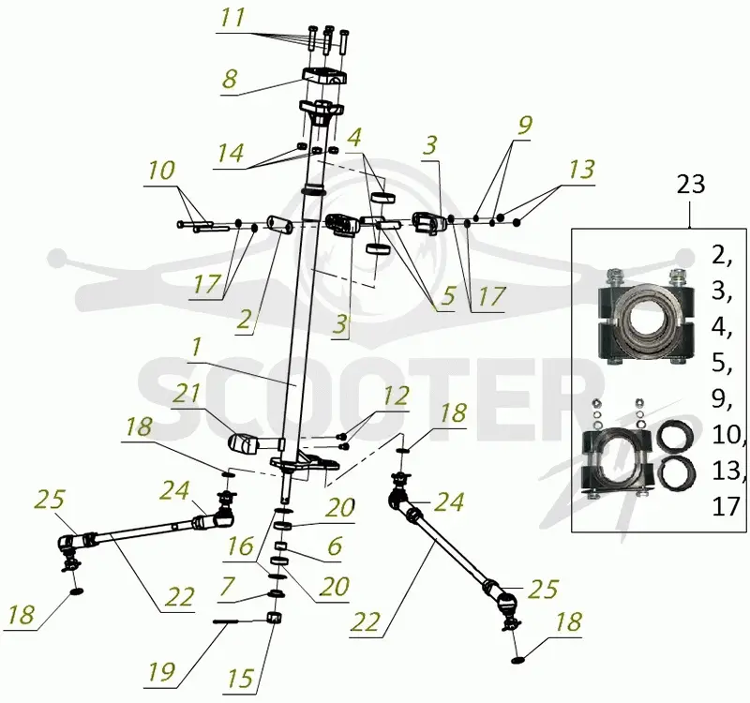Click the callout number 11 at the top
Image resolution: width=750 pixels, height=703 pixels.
232,18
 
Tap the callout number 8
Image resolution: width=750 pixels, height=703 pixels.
230,79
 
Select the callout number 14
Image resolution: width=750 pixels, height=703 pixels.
231,153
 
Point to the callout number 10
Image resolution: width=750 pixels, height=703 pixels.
161,171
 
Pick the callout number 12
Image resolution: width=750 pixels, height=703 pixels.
396,396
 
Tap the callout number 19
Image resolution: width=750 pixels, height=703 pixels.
161,672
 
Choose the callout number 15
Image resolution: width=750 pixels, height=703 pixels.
240,678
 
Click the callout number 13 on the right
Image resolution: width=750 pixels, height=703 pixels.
581,170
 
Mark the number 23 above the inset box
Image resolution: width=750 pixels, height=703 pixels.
691,184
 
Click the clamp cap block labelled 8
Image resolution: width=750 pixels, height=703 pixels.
324,77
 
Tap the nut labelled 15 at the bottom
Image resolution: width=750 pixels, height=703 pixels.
273,618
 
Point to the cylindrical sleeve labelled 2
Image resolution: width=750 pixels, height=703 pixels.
280,224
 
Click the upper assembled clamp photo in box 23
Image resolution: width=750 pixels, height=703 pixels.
644,317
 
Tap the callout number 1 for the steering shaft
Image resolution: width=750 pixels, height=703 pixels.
196,349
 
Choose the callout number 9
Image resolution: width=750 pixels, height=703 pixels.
524,126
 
